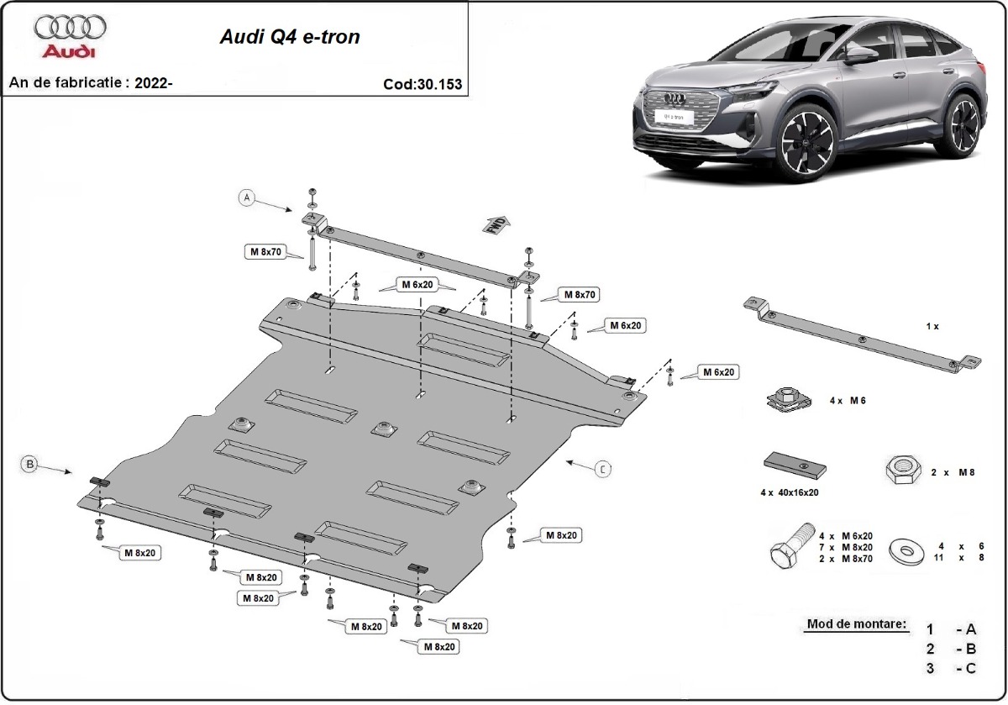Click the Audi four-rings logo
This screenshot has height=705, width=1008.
click(71, 29)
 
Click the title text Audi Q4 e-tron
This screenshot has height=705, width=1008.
click(290, 38)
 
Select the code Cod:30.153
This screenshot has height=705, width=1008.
click(422, 84)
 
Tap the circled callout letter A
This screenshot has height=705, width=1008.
click(246, 198)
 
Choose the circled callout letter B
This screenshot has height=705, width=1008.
click(30, 463)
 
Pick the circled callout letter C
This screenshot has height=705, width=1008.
click(602, 469)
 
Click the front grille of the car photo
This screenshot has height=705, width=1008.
click(676, 110)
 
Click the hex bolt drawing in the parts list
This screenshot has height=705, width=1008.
click(791, 545)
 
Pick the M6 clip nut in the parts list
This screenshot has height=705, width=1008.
click(786, 398)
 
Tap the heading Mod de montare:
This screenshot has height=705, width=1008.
click(856, 624)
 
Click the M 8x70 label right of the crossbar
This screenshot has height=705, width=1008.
click(579, 294)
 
